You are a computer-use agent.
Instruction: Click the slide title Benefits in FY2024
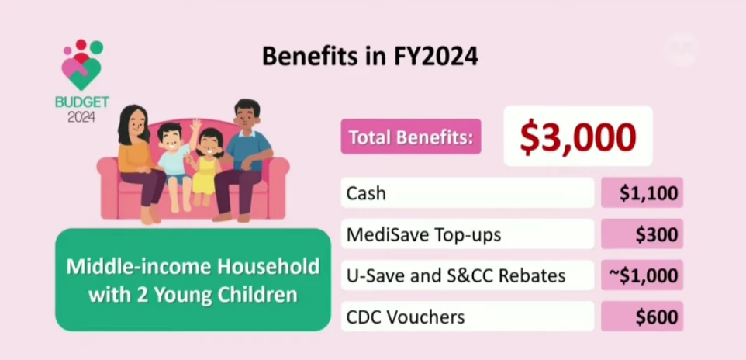(370, 57)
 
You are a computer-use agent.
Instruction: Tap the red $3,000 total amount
(578, 137)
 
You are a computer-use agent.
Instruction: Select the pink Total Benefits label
(411, 137)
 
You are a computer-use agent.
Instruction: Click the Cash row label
(366, 193)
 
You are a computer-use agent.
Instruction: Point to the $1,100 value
(648, 193)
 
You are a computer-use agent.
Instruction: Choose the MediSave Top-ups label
(423, 235)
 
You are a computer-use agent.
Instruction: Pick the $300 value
(657, 235)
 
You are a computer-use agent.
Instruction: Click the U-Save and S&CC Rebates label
(456, 275)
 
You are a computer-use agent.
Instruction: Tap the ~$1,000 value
(643, 275)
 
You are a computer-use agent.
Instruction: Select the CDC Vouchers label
(406, 317)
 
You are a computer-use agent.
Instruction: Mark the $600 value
(657, 317)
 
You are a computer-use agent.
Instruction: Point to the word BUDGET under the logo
(82, 102)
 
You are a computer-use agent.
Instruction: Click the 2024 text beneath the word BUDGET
(81, 116)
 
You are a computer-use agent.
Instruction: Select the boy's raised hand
(195, 126)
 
